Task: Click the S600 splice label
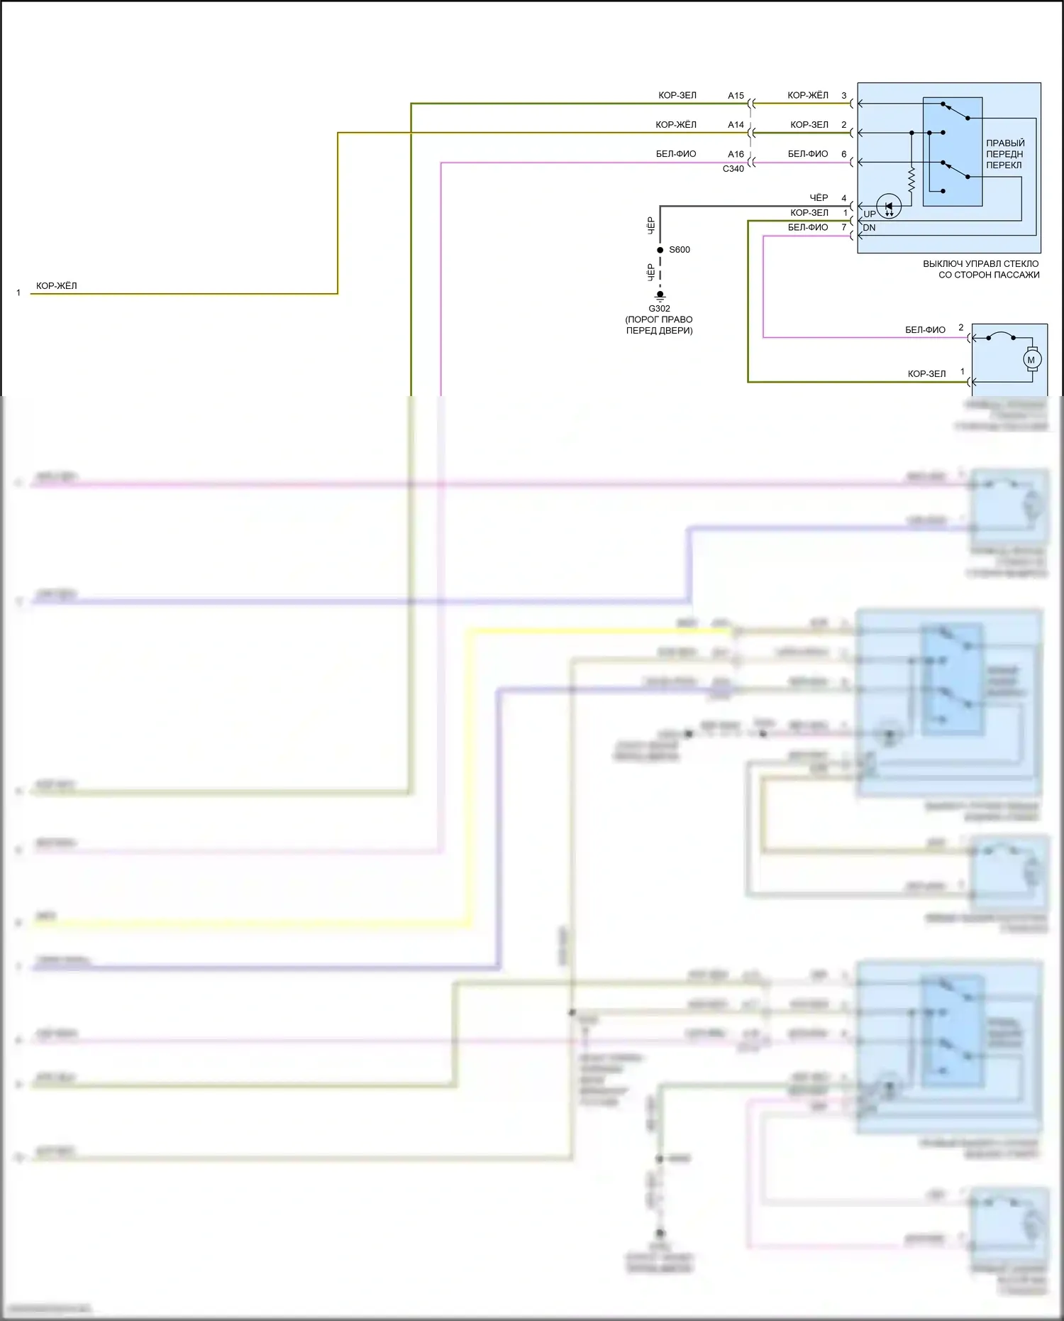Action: coord(679,250)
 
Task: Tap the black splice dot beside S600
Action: coord(660,250)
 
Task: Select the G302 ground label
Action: coord(659,309)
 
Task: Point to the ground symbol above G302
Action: coord(660,295)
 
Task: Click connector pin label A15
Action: coord(736,96)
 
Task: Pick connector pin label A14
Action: coord(736,125)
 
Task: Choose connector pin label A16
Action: coord(736,154)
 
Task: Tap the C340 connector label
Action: coord(733,169)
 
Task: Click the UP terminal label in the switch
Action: coord(869,214)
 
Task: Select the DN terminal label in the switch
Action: coord(869,228)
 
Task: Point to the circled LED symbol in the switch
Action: coord(889,207)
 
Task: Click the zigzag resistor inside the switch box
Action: coord(911,180)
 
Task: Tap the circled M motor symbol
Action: coord(1031,360)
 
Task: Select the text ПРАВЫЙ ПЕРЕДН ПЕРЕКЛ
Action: coord(1004,154)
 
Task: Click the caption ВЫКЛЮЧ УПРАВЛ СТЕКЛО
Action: coord(981,264)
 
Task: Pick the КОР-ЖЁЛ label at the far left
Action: coord(57,286)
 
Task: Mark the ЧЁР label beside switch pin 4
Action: coord(819,198)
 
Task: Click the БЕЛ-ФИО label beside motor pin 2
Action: coord(925,330)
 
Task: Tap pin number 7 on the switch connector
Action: coord(844,228)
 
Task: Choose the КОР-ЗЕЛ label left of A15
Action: coord(677,96)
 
